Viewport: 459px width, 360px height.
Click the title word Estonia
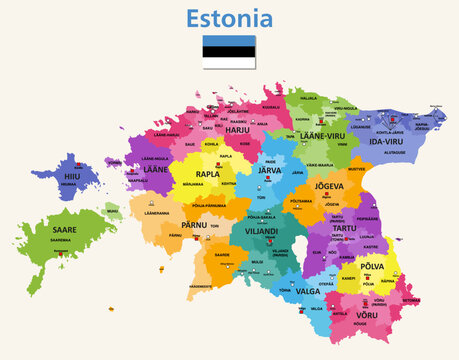point(229,18)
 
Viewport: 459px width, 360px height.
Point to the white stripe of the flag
point(229,63)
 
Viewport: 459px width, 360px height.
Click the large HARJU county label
point(237,129)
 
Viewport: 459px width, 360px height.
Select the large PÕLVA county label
point(371,268)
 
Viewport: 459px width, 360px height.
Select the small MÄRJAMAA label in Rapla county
point(200,184)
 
